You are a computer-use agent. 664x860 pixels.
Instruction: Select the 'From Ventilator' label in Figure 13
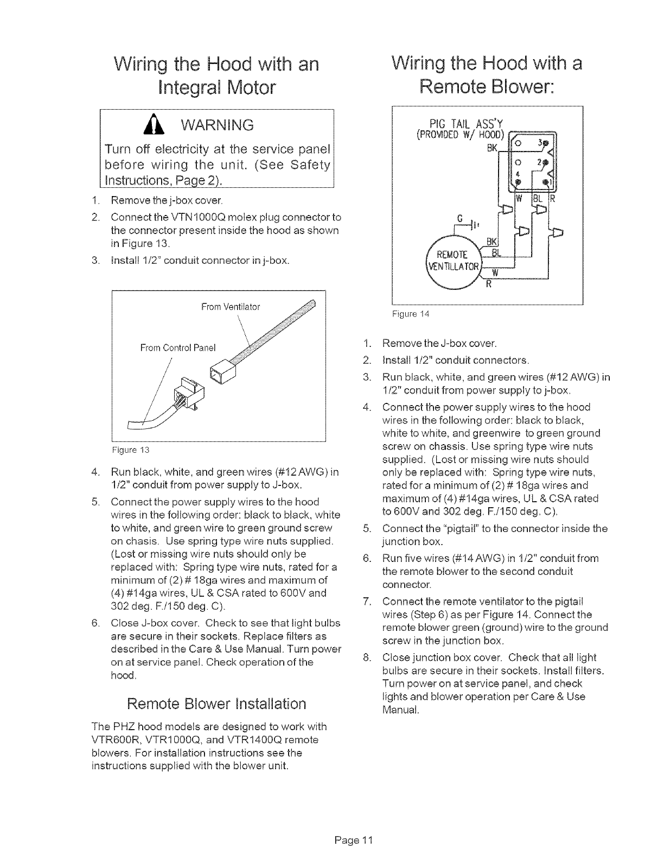coord(231,307)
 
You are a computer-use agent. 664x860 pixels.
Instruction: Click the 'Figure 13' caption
coord(130,450)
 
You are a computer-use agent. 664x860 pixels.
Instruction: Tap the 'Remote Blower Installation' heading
coord(215,704)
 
